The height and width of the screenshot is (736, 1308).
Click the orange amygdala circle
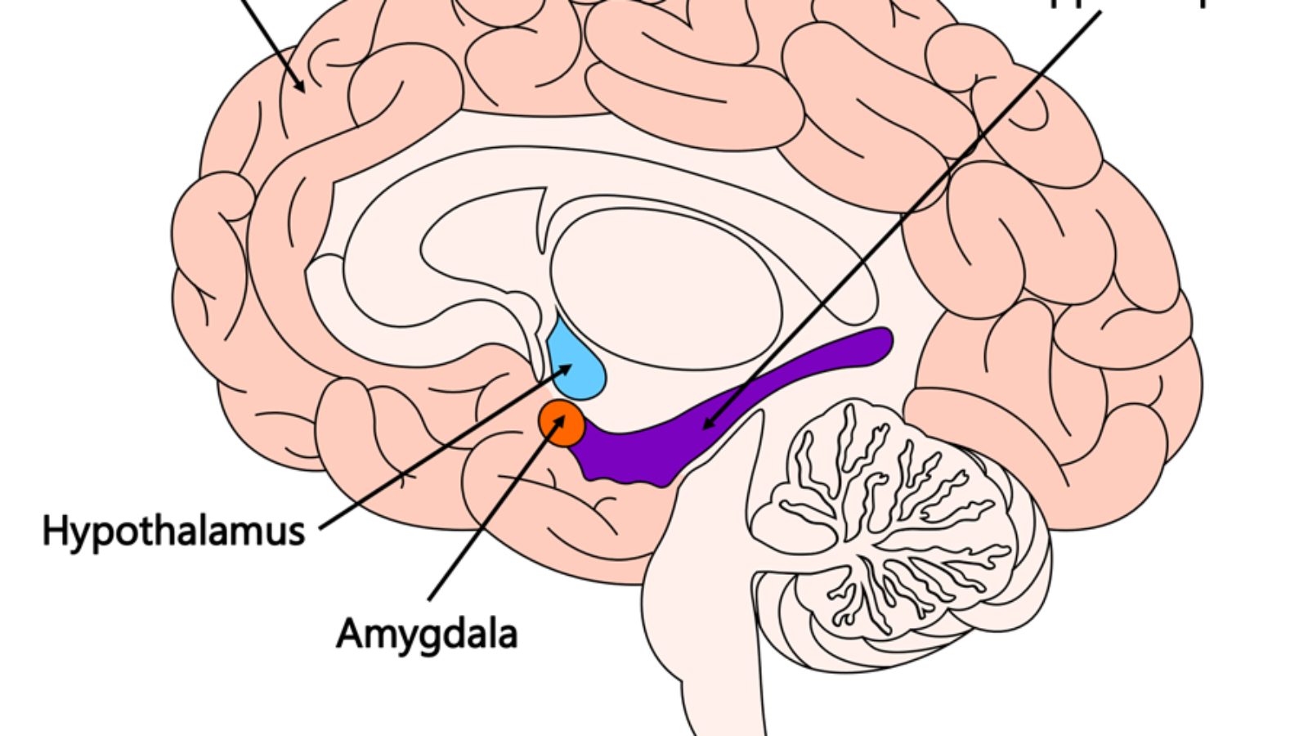(x=562, y=424)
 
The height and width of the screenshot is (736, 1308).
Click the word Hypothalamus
(x=173, y=532)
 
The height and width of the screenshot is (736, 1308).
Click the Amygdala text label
(x=427, y=634)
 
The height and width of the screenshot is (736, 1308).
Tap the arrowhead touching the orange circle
(x=560, y=419)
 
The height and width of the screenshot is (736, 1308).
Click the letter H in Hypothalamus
(x=52, y=530)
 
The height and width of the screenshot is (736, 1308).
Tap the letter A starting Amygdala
(x=350, y=633)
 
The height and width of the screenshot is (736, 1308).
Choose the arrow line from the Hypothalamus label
(x=441, y=450)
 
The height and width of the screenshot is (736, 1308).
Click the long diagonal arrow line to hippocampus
(x=899, y=221)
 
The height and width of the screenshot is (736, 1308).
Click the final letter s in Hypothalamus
(x=297, y=533)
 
